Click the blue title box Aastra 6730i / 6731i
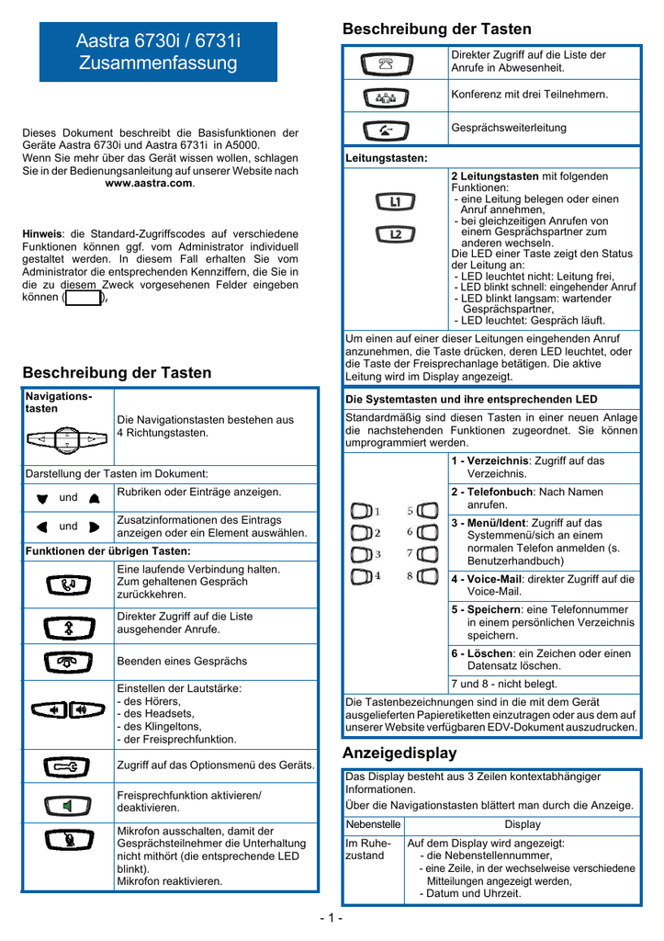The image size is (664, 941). [157, 52]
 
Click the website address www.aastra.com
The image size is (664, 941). [150, 184]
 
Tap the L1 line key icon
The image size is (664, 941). [396, 201]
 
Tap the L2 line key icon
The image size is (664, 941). [396, 234]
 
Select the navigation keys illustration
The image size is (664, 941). [68, 439]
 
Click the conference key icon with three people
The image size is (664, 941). [387, 96]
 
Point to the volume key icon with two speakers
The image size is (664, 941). [68, 709]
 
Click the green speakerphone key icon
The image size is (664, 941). [68, 806]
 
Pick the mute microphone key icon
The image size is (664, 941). [68, 841]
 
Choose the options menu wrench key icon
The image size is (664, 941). [68, 765]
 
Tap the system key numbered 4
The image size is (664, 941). [364, 576]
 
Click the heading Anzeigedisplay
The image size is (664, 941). [399, 753]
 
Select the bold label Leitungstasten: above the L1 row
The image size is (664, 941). [387, 159]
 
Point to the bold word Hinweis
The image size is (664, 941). [41, 234]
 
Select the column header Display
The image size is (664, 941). [523, 824]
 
